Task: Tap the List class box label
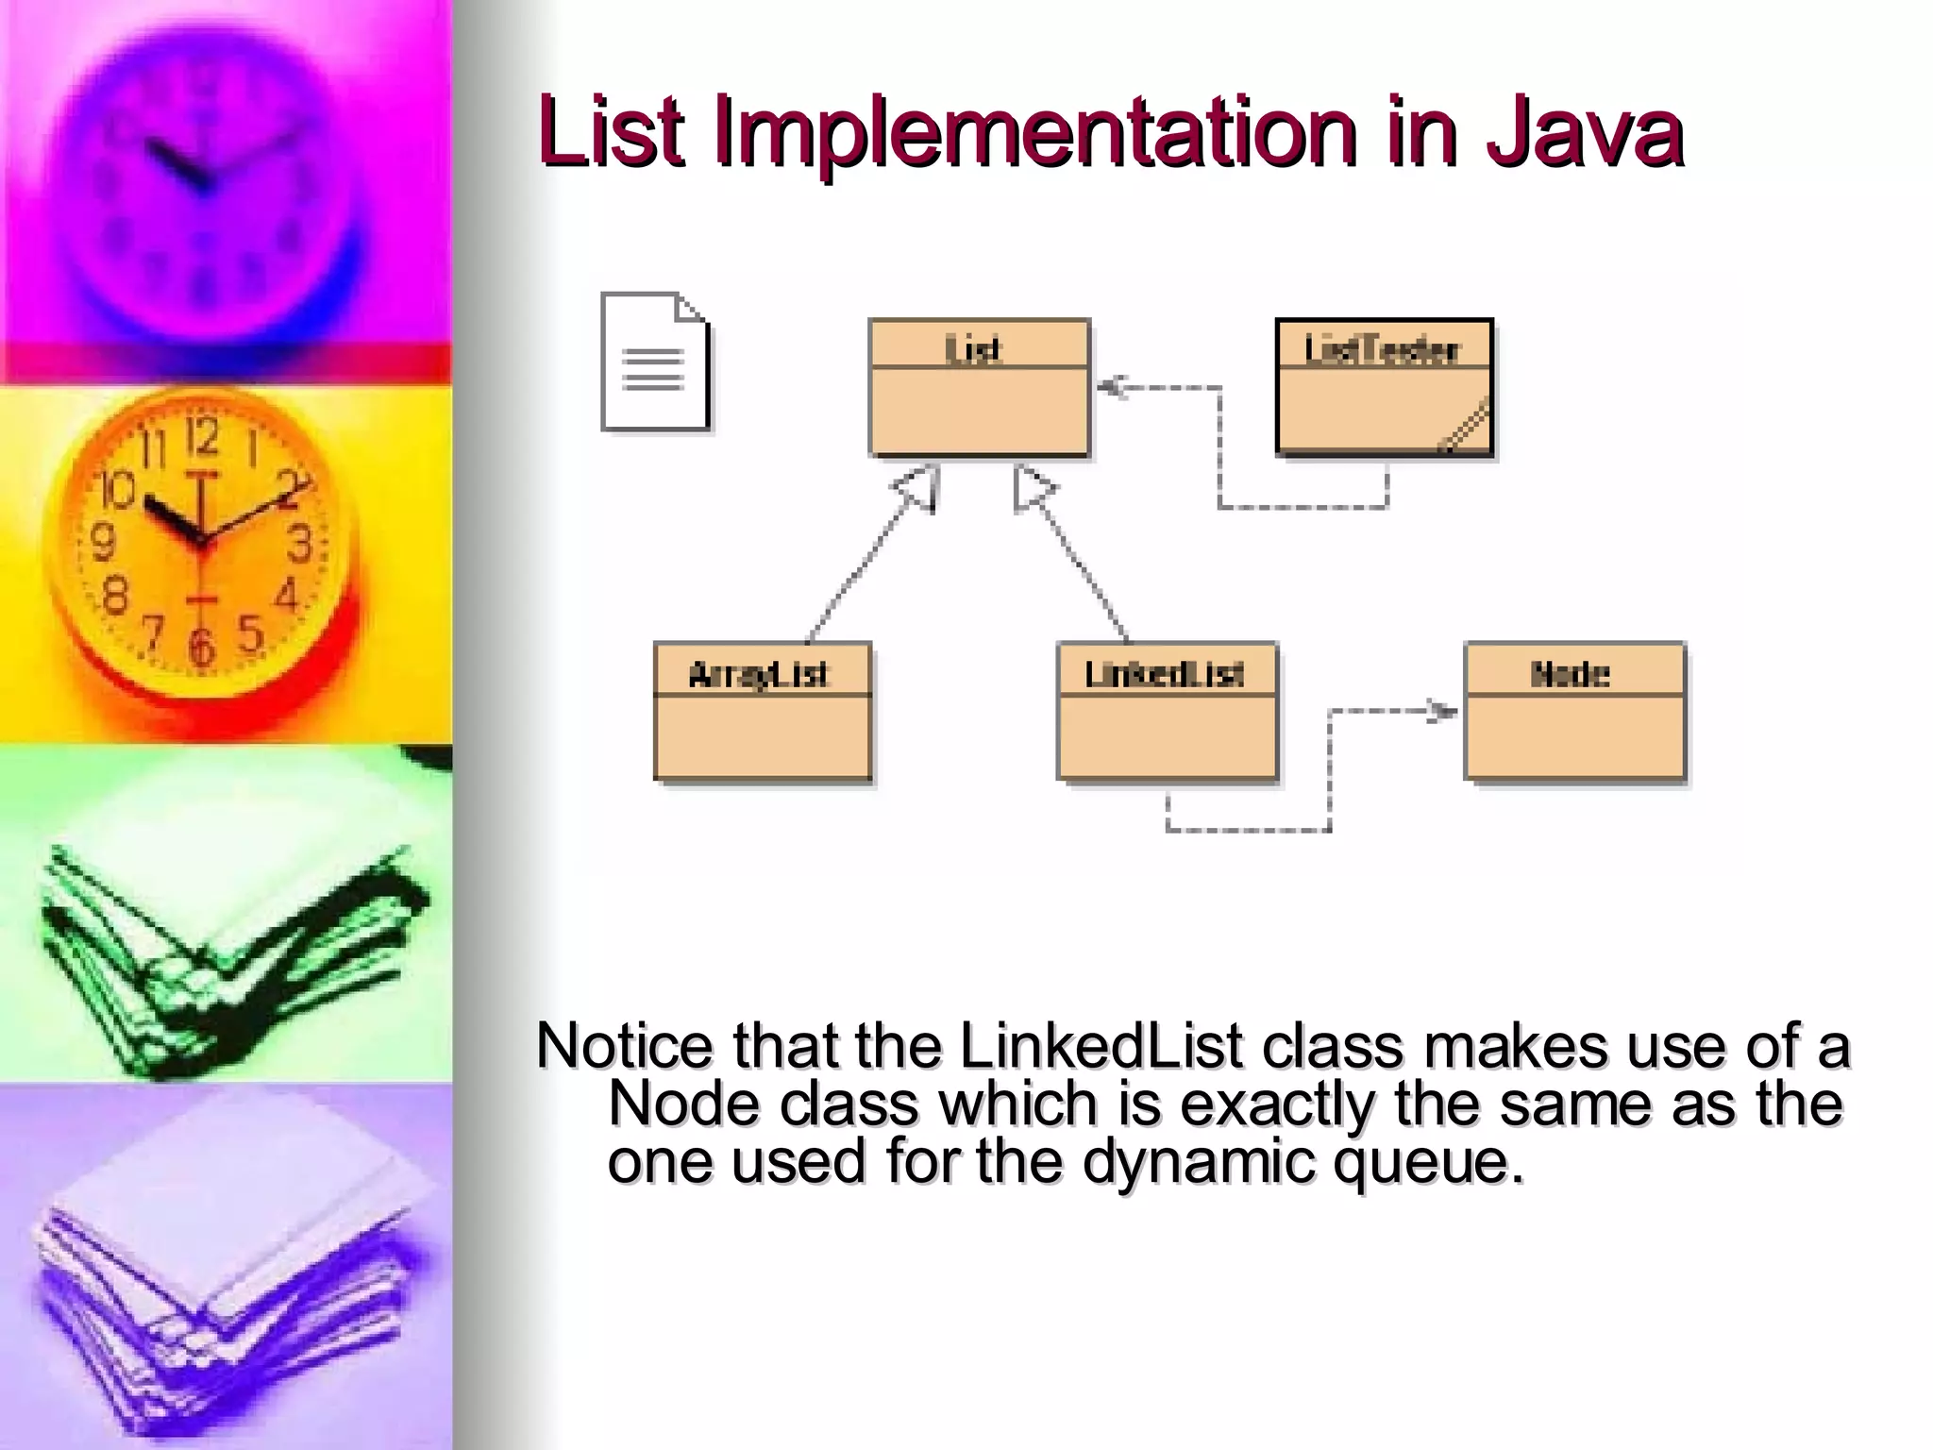pos(973,350)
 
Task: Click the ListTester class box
pos(1384,388)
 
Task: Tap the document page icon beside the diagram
pos(655,362)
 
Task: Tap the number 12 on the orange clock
pos(201,438)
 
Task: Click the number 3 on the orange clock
pos(299,545)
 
